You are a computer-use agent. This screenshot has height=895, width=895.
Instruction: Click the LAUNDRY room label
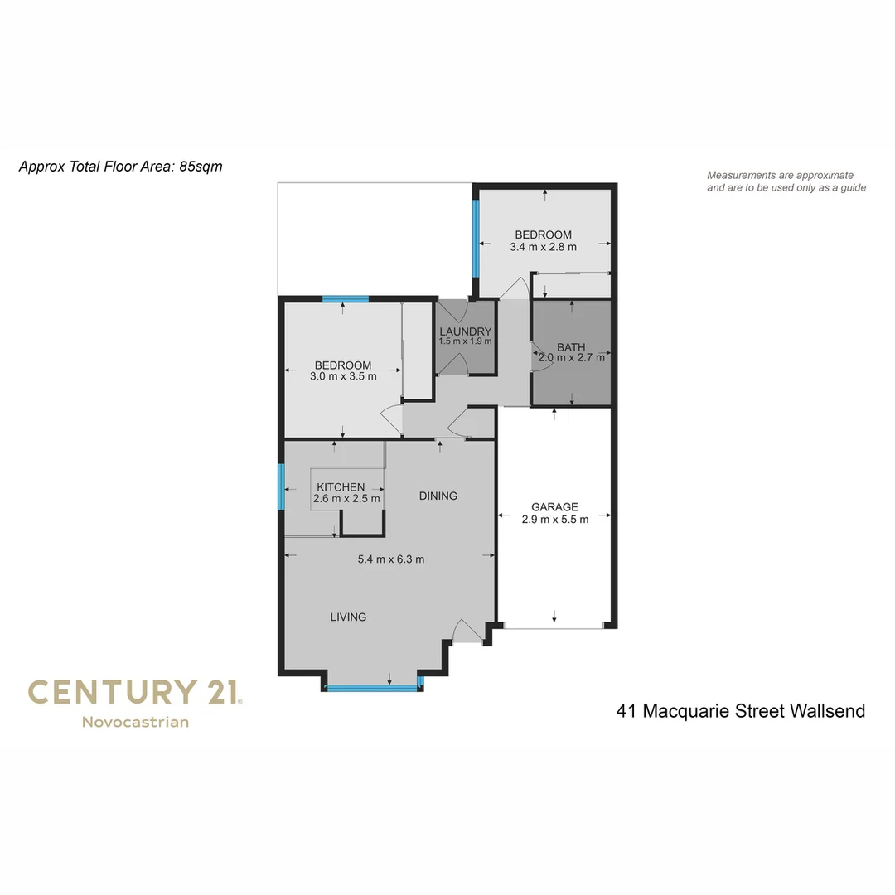465,331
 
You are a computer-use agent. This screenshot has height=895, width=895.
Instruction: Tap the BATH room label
571,347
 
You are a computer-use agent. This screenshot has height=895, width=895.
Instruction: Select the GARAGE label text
554,507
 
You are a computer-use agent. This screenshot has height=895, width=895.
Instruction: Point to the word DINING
438,496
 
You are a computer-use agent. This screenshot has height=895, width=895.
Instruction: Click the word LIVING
348,617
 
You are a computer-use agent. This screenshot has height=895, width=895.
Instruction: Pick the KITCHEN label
341,487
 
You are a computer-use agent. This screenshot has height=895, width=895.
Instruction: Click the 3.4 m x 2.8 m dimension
543,246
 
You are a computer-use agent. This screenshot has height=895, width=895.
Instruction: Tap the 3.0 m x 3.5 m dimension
343,376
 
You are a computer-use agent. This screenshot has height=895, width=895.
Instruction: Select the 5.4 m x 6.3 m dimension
391,559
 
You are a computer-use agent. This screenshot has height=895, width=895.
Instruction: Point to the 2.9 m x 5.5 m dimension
555,520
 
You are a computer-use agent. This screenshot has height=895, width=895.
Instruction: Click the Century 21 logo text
135,692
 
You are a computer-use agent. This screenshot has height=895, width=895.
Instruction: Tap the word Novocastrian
135,722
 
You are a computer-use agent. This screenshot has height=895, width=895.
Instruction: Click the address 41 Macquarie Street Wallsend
741,711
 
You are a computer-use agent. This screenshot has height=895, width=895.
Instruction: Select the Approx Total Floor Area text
120,167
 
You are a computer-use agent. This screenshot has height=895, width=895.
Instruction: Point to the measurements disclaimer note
786,181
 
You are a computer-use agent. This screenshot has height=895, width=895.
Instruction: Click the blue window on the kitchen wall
282,486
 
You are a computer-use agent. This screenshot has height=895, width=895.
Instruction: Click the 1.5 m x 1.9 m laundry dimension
465,341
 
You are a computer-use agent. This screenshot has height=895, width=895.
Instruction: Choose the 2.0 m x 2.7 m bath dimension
572,358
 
